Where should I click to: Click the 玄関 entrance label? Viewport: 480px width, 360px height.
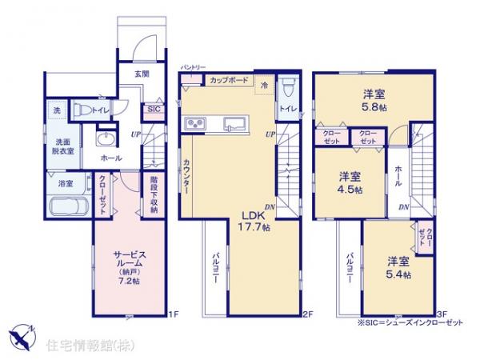(141, 73)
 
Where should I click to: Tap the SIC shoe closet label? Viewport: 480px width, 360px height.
(154, 110)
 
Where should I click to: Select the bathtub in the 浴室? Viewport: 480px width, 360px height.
(68, 206)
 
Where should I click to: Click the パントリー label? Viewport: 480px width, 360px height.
(193, 67)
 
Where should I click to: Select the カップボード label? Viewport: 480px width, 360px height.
(229, 81)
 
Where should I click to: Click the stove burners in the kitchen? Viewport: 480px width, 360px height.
(197, 123)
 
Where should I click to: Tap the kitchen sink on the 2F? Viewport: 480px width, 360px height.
(234, 123)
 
